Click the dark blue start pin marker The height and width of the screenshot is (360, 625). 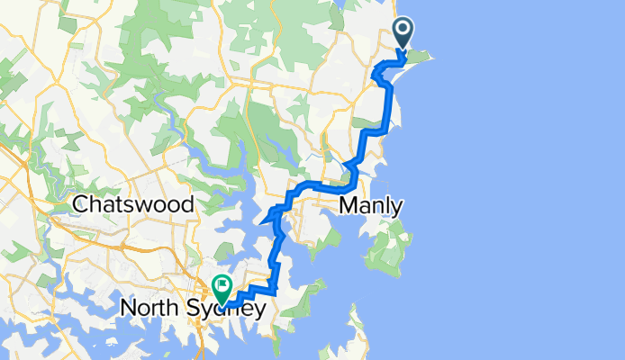click(x=402, y=35)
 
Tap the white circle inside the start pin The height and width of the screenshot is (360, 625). click(x=402, y=31)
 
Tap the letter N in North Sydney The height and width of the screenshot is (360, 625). click(x=128, y=310)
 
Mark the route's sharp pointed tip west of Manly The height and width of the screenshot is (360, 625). click(x=262, y=217)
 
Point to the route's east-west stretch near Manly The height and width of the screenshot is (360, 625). click(x=320, y=188)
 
